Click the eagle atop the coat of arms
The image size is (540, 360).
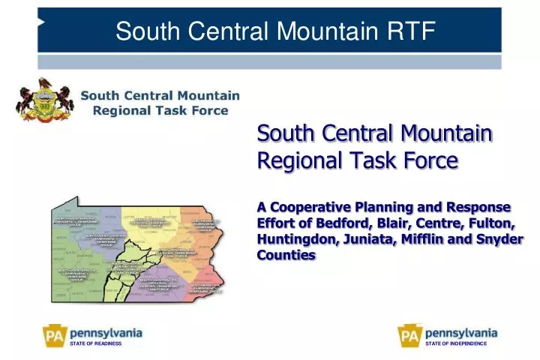coord(46,84)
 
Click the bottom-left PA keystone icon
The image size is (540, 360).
coord(54,334)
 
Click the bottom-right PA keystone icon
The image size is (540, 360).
coord(409,334)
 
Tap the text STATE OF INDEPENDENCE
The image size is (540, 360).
coord(456,343)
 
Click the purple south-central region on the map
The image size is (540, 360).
coord(161,281)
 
